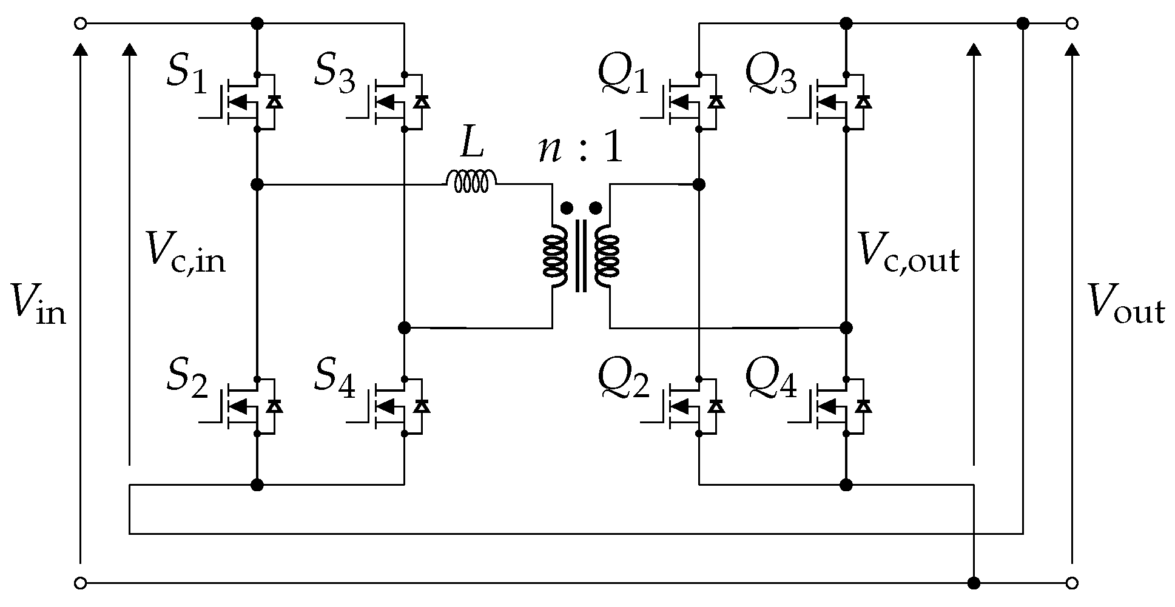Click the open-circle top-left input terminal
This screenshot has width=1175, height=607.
79,24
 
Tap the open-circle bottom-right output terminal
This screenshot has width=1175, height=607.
1072,583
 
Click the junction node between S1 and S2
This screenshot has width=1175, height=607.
257,184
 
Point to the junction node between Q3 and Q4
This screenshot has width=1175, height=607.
846,328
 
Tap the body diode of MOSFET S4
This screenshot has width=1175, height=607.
422,406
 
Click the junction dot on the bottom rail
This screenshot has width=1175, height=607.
974,583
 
